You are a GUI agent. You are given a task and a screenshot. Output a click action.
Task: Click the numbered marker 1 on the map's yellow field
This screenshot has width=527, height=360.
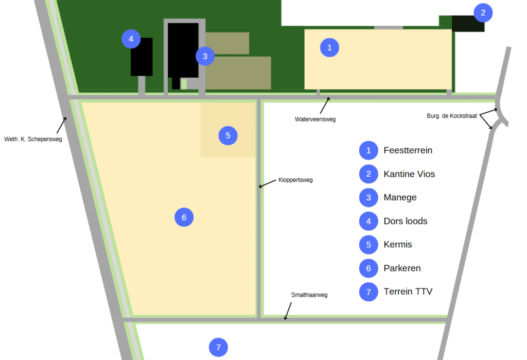pos(329,47)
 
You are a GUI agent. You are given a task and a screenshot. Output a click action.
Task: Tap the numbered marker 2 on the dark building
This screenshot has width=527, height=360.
pos(483,13)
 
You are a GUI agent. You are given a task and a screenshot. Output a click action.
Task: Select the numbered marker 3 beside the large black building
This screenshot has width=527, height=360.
pos(205,56)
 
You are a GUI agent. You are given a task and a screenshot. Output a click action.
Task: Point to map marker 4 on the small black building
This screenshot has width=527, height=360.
pos(131,39)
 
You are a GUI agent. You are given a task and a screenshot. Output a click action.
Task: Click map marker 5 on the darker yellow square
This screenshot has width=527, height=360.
pos(228,135)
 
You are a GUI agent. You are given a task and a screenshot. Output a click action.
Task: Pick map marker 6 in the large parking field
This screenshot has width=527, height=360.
pos(184,217)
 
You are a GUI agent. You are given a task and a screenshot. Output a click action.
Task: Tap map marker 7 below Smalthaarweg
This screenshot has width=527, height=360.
pos(218,348)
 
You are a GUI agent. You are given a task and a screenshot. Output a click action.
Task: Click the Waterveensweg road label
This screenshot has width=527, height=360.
pos(315,119)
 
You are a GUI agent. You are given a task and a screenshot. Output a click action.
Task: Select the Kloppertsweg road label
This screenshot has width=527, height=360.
pos(295,180)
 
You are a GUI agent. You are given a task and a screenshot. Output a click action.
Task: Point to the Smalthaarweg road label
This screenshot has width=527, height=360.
pos(309,295)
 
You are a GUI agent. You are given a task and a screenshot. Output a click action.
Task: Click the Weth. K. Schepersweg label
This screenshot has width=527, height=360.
pos(33,139)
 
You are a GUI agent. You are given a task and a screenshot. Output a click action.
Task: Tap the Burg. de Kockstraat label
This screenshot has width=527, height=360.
pos(452,116)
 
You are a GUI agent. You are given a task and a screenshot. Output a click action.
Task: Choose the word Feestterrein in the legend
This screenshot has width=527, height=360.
pos(408,150)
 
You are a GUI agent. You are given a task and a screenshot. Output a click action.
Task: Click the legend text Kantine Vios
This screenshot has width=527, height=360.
pos(409,174)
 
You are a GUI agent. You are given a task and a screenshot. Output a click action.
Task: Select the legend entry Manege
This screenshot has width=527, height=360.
pos(400,197)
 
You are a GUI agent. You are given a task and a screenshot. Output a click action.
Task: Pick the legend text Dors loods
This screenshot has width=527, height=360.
pos(405,221)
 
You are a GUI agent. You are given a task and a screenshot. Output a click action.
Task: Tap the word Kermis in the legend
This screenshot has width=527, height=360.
pos(398,244)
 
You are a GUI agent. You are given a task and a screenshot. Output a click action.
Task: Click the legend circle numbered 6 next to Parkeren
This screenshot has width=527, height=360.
pos(368,268)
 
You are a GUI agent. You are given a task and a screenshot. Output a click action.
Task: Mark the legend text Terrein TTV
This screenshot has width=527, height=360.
pos(408,292)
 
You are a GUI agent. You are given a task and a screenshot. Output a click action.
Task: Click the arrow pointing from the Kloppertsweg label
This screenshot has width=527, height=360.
pos(267,184)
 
